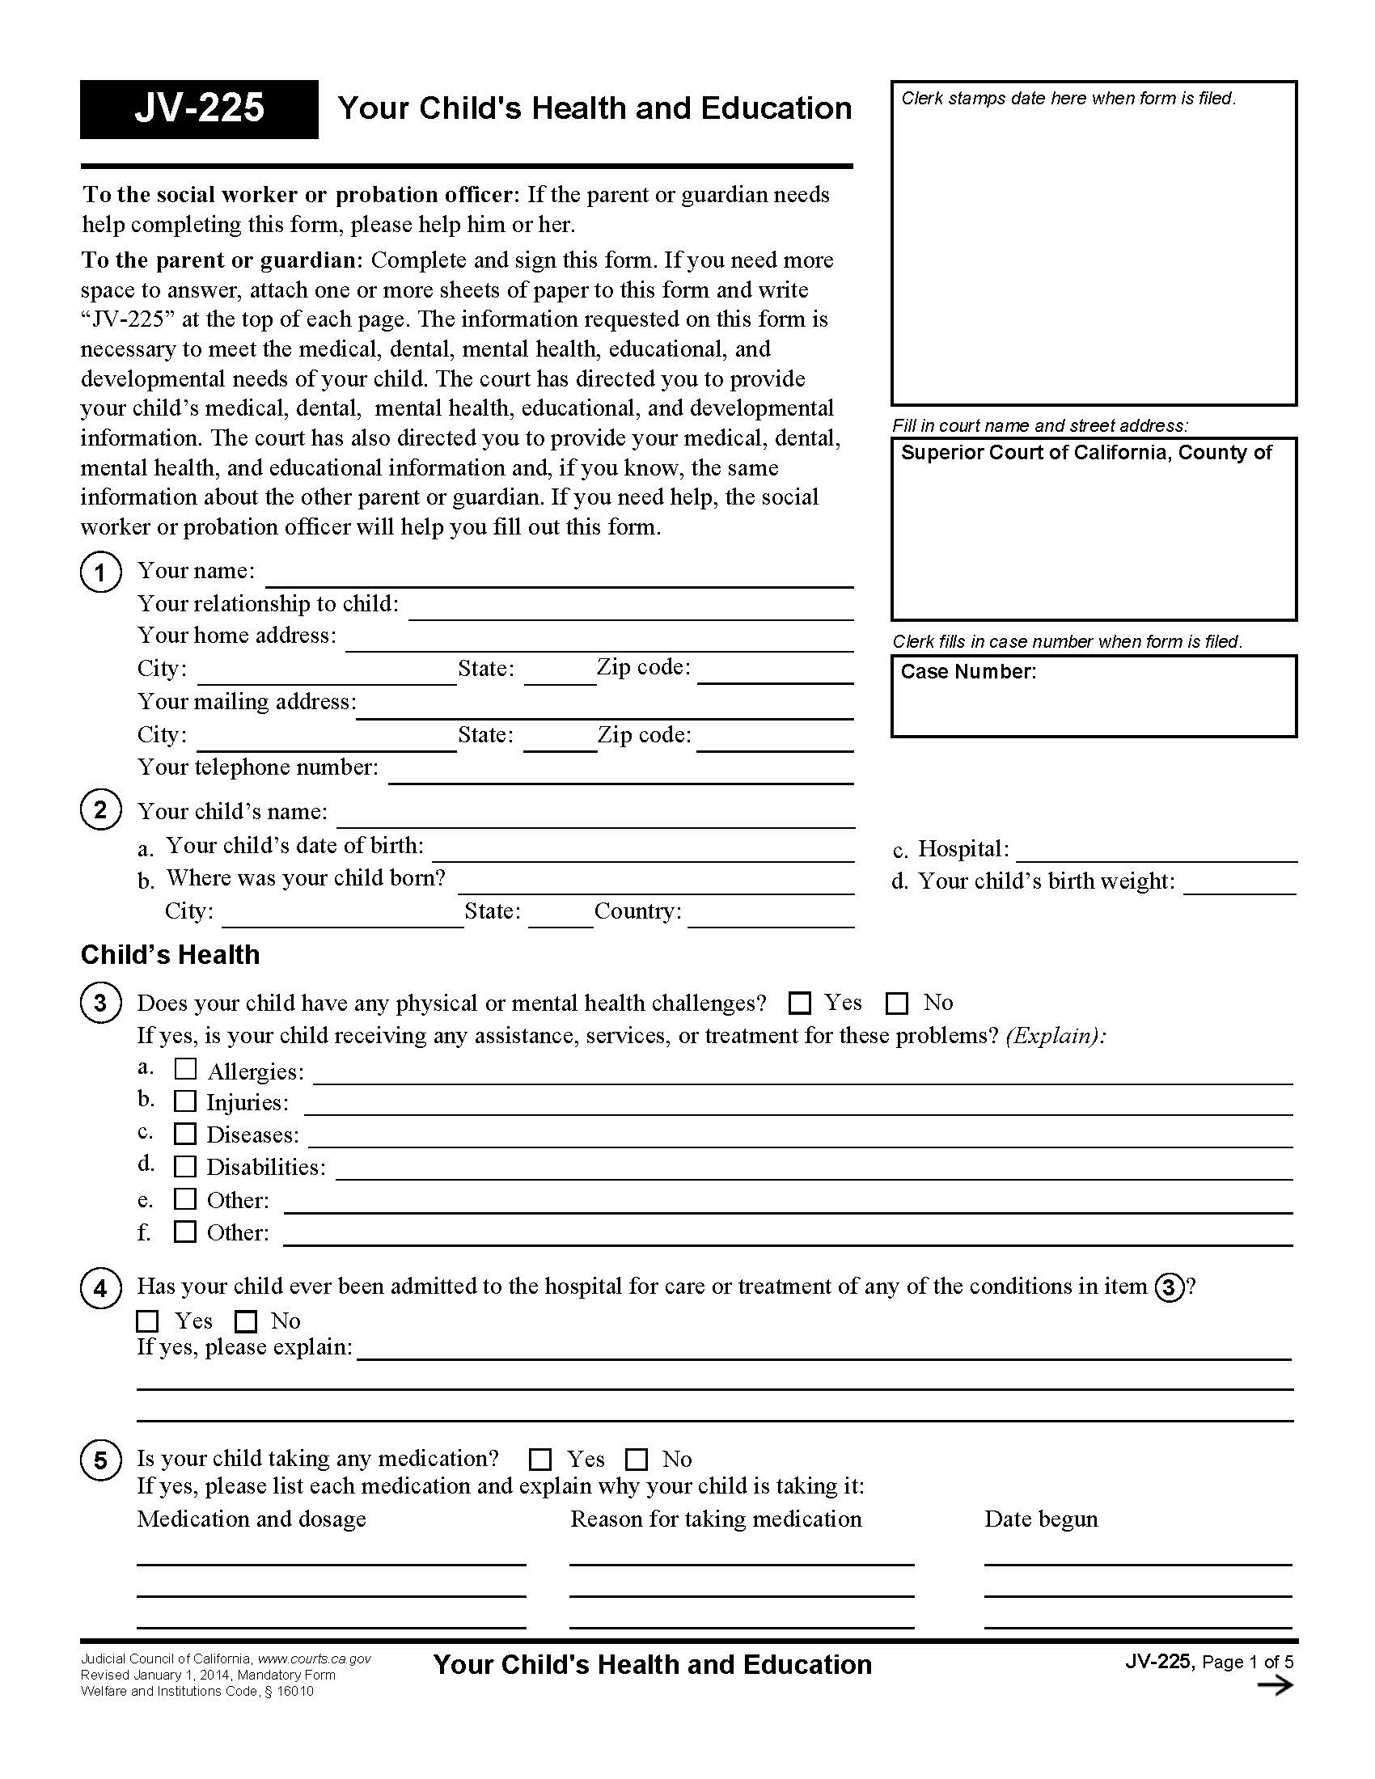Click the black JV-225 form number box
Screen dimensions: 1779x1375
coord(199,109)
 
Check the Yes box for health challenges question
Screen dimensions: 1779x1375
coord(800,1004)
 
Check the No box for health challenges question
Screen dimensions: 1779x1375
coord(897,1004)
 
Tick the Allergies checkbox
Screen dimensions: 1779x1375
coord(186,1069)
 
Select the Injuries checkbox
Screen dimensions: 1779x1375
coord(186,1101)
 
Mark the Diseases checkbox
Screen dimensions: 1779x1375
coord(186,1134)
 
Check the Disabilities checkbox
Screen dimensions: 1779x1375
coord(186,1166)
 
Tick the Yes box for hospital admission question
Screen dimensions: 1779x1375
coord(148,1321)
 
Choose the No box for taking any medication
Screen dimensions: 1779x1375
coord(637,1459)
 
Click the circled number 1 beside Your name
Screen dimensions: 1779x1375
coord(101,572)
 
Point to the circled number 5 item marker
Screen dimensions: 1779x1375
coord(101,1460)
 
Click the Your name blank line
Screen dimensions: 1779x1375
coord(560,577)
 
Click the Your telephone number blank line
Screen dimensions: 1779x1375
coord(620,774)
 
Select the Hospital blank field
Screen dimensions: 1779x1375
coord(1156,852)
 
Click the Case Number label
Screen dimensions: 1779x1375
coord(968,672)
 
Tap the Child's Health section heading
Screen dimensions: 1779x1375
coord(170,955)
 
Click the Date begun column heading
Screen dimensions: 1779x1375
coord(1041,1519)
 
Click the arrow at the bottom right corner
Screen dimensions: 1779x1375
coord(1275,1685)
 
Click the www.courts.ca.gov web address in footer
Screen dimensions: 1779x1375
coord(315,1659)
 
